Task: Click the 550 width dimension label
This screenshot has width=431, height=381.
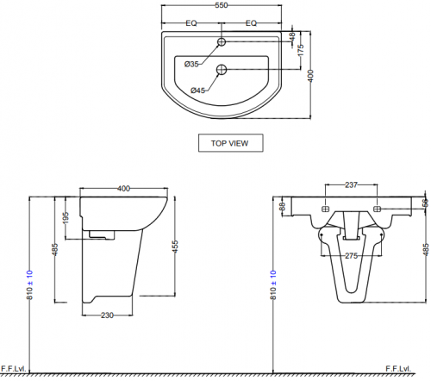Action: click(x=222, y=5)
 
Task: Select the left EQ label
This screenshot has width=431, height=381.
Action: click(x=191, y=23)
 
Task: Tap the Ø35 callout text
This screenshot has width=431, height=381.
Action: click(x=191, y=64)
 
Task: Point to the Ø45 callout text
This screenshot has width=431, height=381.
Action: click(x=198, y=91)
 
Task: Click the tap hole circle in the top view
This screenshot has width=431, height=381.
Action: click(x=222, y=42)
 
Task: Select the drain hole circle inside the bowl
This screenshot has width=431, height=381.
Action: click(x=222, y=69)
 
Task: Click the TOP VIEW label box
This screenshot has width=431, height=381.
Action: click(x=230, y=143)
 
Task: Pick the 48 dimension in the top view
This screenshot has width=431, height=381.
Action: click(x=292, y=37)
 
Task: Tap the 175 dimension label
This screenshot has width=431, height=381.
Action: click(x=301, y=50)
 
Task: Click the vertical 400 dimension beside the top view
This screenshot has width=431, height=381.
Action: click(x=310, y=76)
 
